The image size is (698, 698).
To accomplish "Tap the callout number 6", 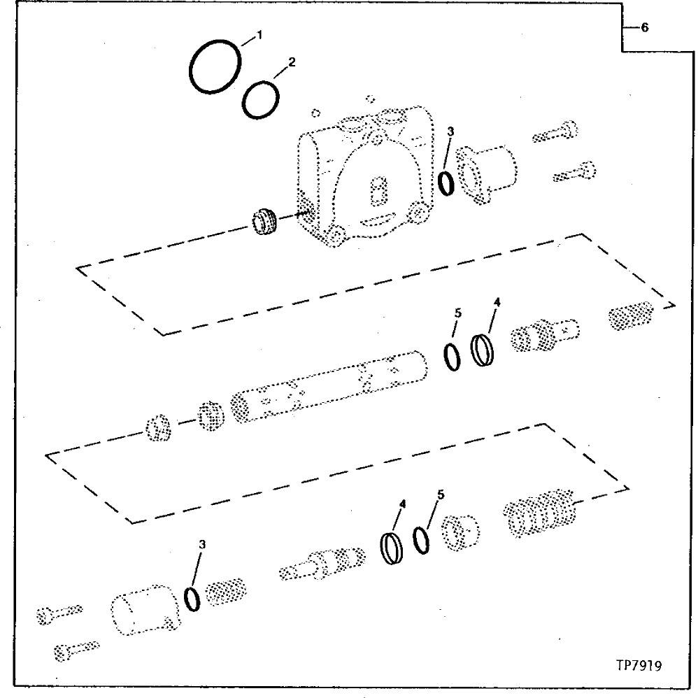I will [x=644, y=28].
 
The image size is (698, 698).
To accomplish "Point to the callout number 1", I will [x=259, y=34].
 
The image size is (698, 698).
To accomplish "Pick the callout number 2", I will [x=292, y=62].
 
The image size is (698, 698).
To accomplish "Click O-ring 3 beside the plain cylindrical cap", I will [x=194, y=599].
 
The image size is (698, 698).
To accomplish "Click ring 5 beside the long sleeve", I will [x=453, y=357].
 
